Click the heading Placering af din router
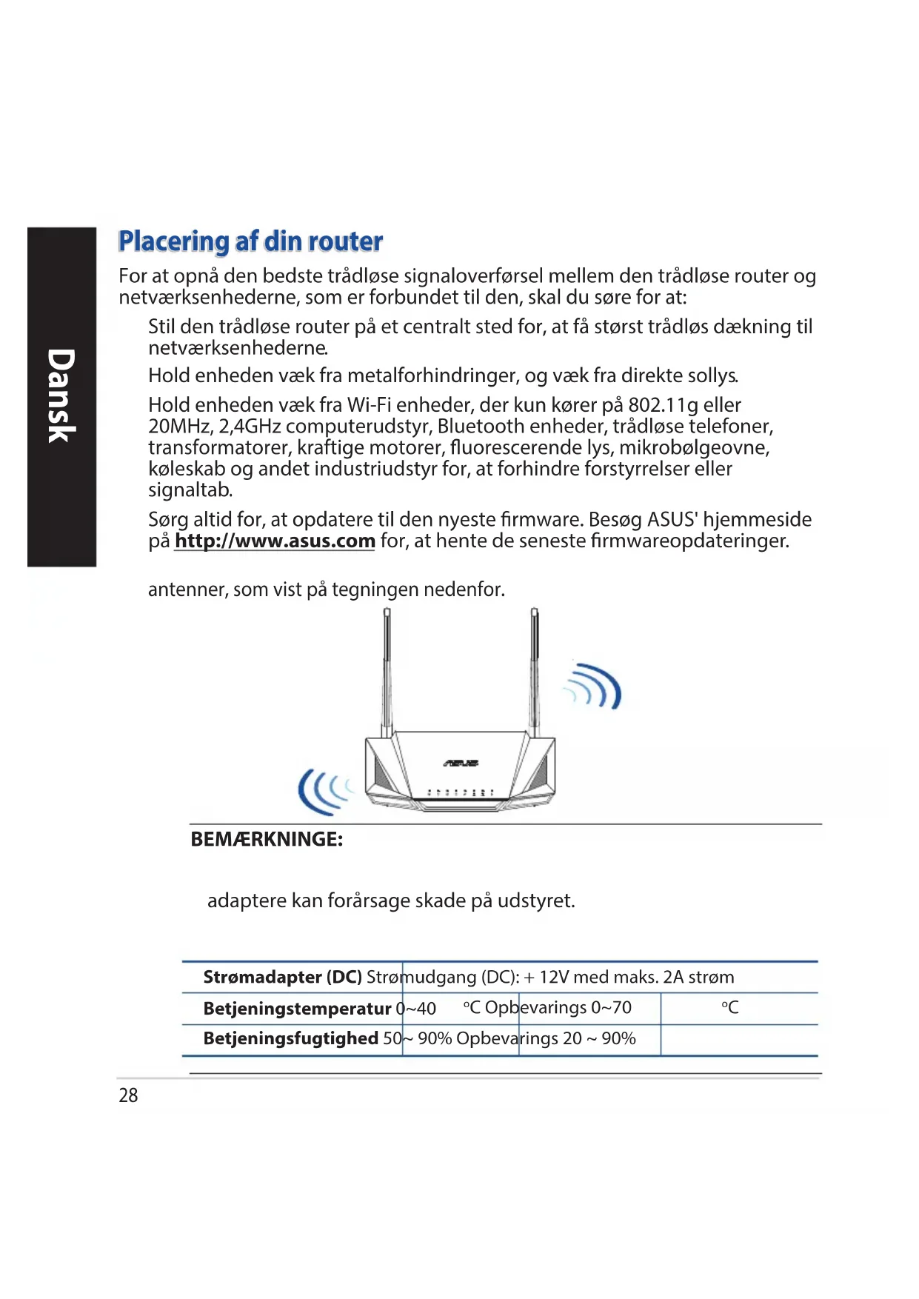click(250, 241)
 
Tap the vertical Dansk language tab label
click(61, 396)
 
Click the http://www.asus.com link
click(275, 541)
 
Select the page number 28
click(128, 1095)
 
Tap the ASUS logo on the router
click(461, 763)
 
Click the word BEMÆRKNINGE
click(267, 840)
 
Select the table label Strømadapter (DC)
click(282, 978)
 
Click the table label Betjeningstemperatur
click(297, 1009)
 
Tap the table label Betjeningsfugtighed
click(291, 1039)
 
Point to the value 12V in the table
click(553, 978)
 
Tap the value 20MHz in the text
click(179, 427)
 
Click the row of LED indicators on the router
click(461, 792)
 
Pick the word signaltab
click(190, 490)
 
